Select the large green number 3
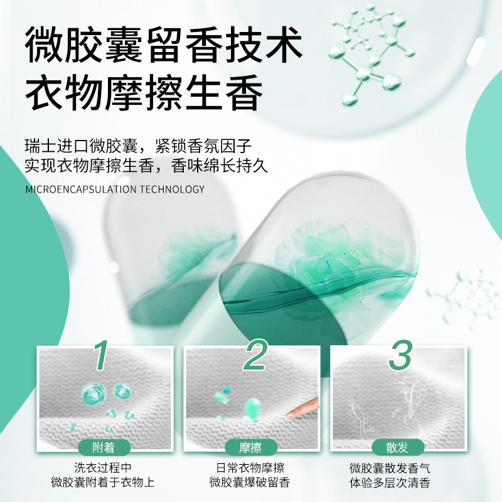pos(400,355)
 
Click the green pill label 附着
pos(104,447)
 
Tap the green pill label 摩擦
pos(251,447)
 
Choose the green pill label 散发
pos(398,447)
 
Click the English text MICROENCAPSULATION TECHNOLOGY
pos(115,189)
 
